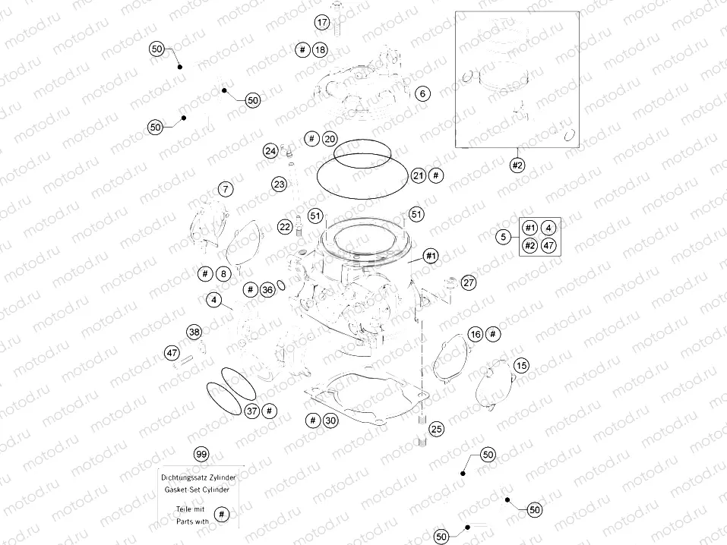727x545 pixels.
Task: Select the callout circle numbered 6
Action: click(423, 93)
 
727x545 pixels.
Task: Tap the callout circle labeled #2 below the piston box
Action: click(517, 164)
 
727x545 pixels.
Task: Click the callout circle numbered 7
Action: click(226, 188)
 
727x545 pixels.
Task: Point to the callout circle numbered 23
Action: click(279, 184)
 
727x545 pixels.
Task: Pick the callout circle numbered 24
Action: click(270, 151)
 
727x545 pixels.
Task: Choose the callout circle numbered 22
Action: click(284, 226)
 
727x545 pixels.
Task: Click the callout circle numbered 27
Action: click(468, 282)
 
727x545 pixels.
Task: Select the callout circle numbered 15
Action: click(520, 366)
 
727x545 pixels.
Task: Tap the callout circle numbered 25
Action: click(435, 430)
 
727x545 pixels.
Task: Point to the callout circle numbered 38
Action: click(194, 332)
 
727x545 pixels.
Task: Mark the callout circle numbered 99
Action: click(201, 454)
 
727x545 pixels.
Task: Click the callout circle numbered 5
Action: click(503, 238)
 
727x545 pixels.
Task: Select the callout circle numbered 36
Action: click(267, 290)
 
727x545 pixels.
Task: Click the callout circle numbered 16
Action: click(476, 334)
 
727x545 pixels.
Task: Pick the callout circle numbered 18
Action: click(320, 50)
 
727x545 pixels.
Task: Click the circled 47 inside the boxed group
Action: click(548, 245)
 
